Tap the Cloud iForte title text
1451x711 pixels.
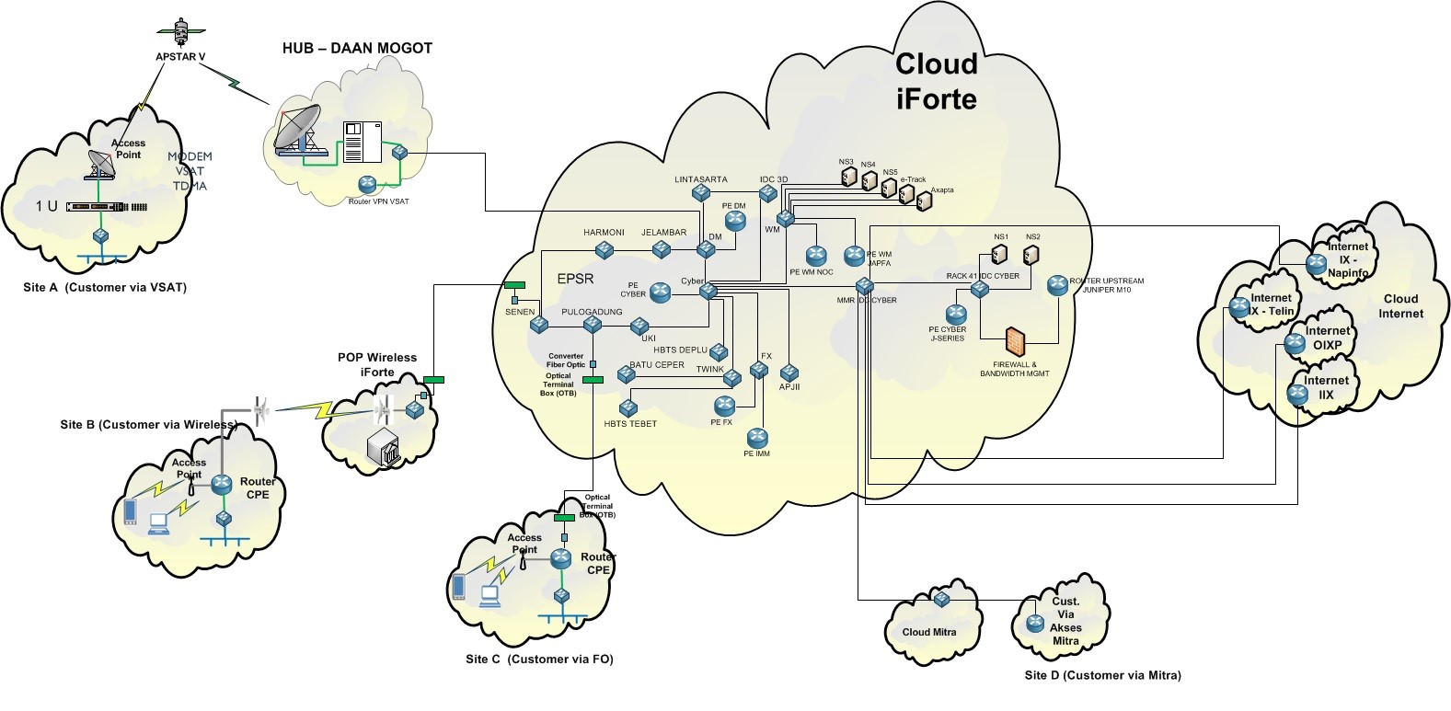(936, 81)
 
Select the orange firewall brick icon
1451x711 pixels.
(1015, 342)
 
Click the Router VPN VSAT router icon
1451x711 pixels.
(368, 185)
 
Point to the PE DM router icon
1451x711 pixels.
(734, 219)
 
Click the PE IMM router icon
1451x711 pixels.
(757, 437)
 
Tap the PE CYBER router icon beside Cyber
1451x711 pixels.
(660, 292)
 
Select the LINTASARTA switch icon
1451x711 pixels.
(701, 193)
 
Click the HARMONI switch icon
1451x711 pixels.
(604, 249)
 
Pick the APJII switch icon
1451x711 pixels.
(789, 373)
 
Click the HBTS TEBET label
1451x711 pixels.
(630, 424)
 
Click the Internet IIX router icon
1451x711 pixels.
(1297, 396)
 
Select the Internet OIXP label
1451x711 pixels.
(1328, 338)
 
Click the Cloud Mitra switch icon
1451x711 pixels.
(941, 600)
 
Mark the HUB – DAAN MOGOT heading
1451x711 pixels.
(357, 49)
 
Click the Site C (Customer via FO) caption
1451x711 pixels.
(539, 659)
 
